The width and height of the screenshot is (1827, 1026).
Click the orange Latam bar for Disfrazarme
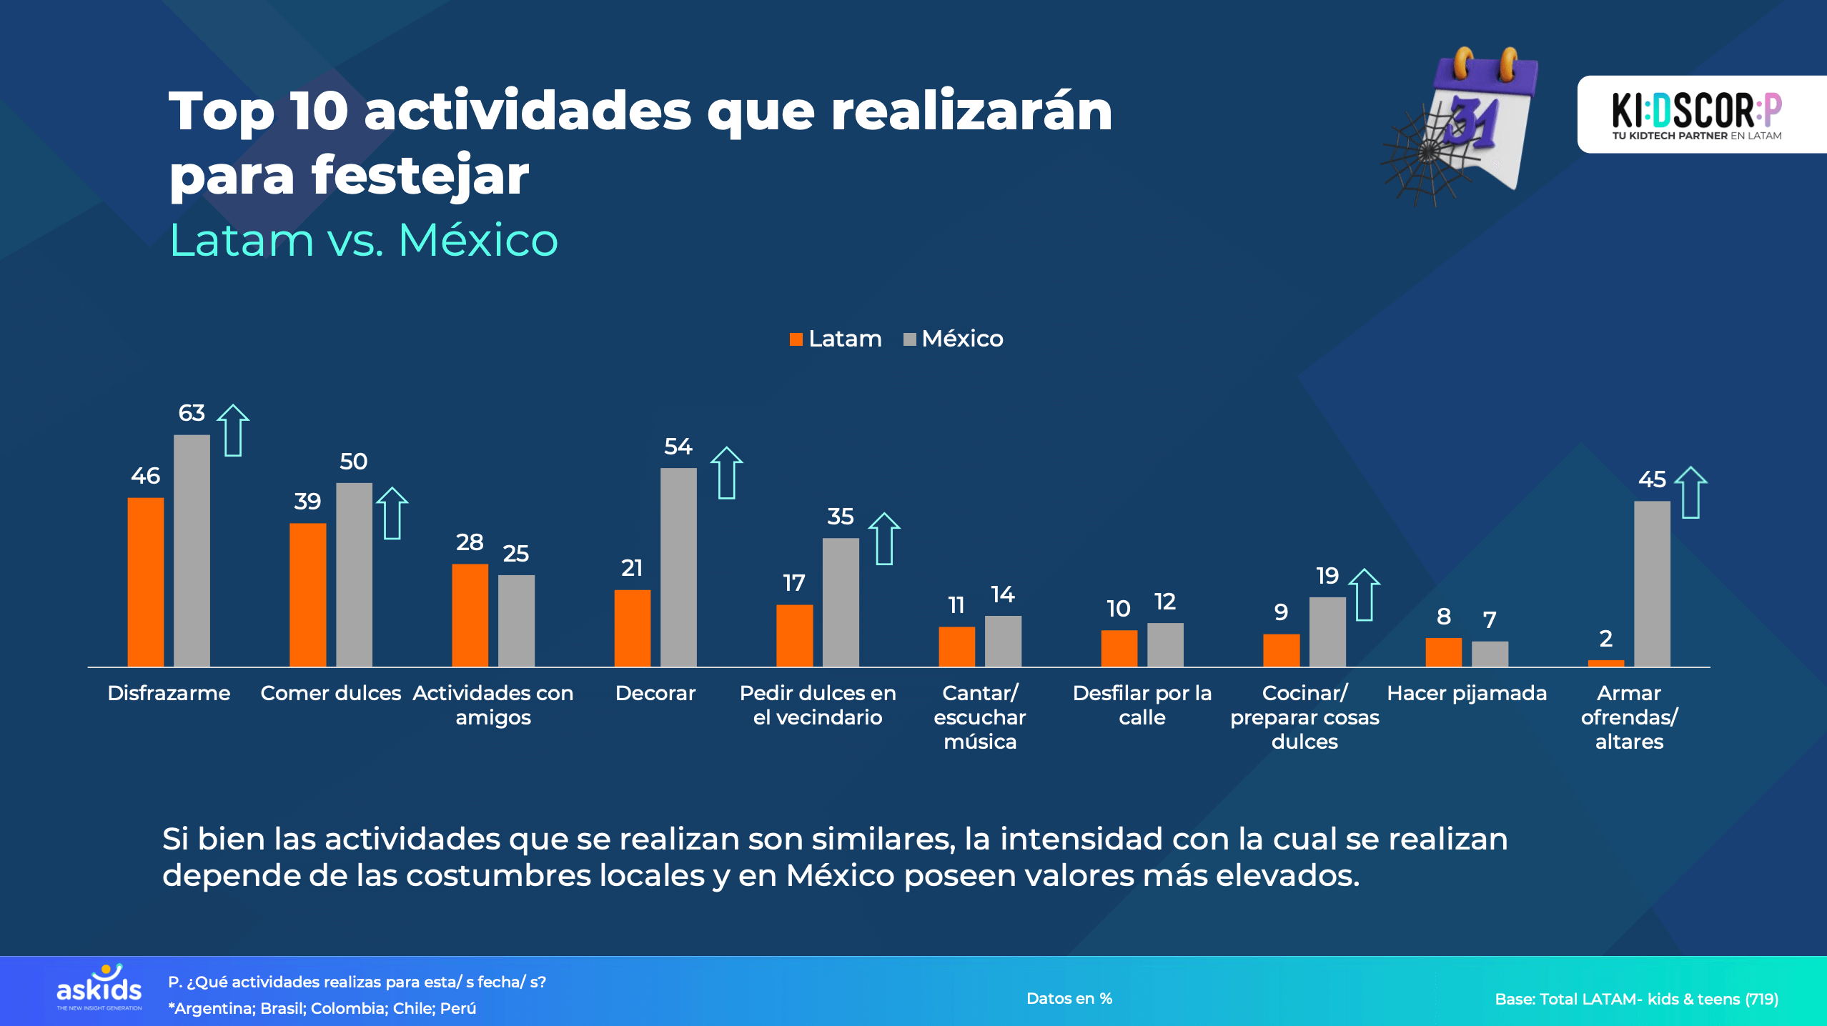coord(145,582)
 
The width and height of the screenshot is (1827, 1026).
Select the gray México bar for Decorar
coord(678,567)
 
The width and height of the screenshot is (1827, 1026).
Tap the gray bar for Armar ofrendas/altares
coord(1651,584)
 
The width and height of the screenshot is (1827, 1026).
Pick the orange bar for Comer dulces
coord(307,594)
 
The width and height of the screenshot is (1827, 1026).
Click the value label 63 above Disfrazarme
coord(191,413)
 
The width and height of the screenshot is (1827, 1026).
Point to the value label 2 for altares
coord(1605,638)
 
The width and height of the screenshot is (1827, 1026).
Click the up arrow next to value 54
coord(726,473)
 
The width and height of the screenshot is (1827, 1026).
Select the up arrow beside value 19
coord(1364,594)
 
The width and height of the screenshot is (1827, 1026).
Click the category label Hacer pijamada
coord(1466,693)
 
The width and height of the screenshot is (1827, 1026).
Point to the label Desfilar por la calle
coord(1142,704)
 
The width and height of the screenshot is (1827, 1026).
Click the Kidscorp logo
coord(1695,114)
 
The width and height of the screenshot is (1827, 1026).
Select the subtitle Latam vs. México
coord(363,240)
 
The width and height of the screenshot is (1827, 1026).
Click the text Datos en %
coord(1069,999)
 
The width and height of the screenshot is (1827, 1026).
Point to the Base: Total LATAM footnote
coord(1635,999)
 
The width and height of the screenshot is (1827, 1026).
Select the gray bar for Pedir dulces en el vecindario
coord(840,602)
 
